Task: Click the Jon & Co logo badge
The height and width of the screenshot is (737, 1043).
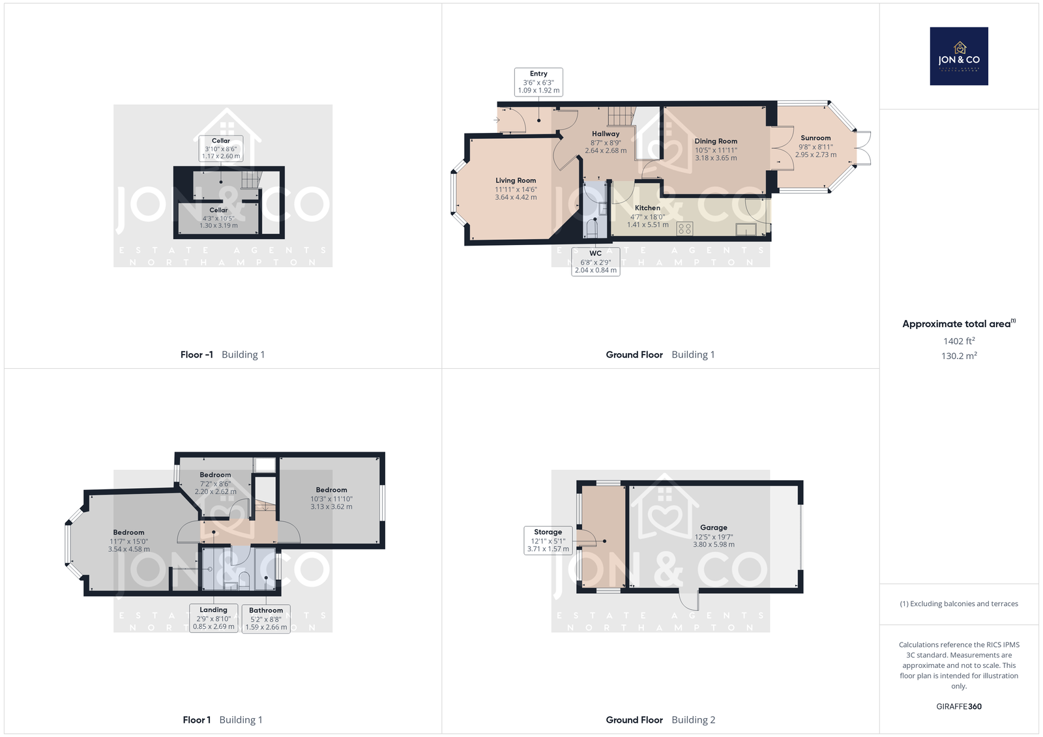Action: point(959,56)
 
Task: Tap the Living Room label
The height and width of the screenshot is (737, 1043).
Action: point(516,180)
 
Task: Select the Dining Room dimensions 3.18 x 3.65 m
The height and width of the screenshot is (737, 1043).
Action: point(716,158)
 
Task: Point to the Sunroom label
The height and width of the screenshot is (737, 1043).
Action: point(815,137)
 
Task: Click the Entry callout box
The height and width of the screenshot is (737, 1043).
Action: point(538,82)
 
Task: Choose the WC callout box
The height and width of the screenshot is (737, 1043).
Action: point(596,262)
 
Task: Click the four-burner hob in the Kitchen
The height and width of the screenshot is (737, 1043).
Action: point(684,229)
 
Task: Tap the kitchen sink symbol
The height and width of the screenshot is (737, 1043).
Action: point(746,229)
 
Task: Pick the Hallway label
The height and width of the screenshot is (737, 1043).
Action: point(606,134)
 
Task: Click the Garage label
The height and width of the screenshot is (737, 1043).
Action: point(713,527)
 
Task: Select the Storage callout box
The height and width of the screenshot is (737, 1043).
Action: point(548,540)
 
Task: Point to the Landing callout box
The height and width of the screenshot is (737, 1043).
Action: point(214,618)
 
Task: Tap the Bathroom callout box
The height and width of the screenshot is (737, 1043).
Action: point(266,618)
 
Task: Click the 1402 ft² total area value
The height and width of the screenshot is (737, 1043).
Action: point(959,341)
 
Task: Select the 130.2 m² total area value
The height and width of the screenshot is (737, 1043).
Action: point(959,356)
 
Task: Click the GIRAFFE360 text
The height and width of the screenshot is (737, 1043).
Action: point(959,706)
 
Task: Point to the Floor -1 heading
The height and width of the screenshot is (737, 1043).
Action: point(196,354)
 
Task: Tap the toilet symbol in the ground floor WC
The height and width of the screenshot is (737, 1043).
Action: point(593,227)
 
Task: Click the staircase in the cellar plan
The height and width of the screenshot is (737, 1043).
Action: point(252,180)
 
